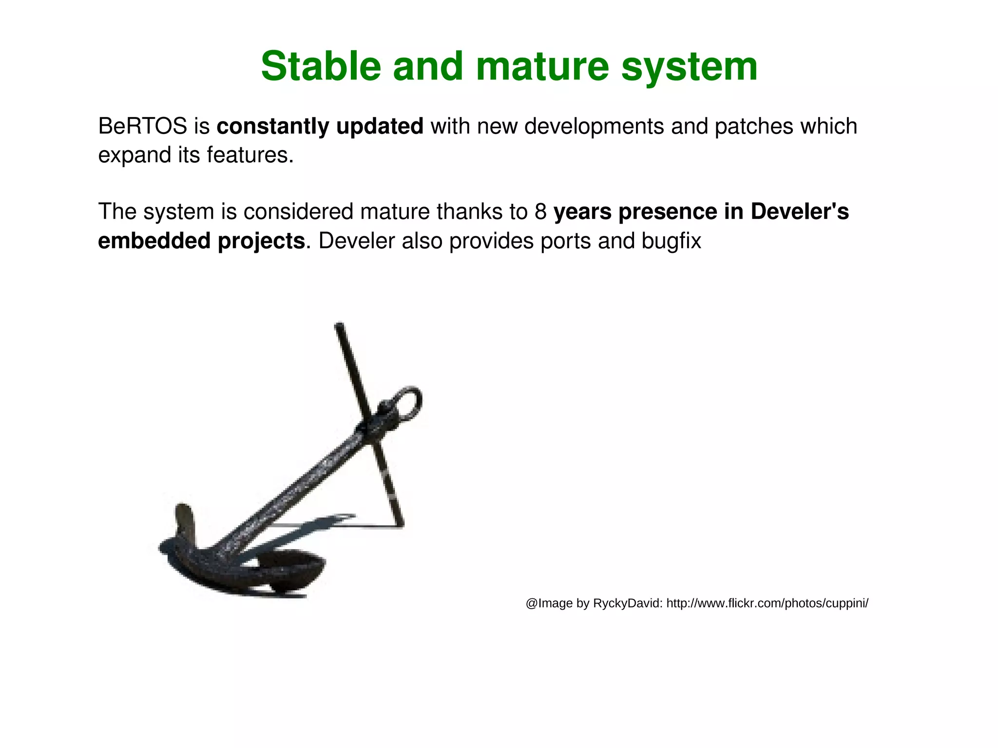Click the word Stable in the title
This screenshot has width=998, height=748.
[x=320, y=66]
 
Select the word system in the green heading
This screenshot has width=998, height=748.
[x=689, y=66]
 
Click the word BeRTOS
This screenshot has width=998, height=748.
[x=142, y=127]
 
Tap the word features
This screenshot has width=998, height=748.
[x=250, y=155]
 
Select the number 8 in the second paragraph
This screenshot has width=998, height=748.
[x=540, y=212]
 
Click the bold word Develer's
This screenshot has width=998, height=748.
[x=799, y=212]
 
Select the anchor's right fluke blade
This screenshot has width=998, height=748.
[x=292, y=565]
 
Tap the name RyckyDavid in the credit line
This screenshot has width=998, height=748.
[x=627, y=604]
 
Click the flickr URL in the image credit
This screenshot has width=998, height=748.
[x=767, y=604]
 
